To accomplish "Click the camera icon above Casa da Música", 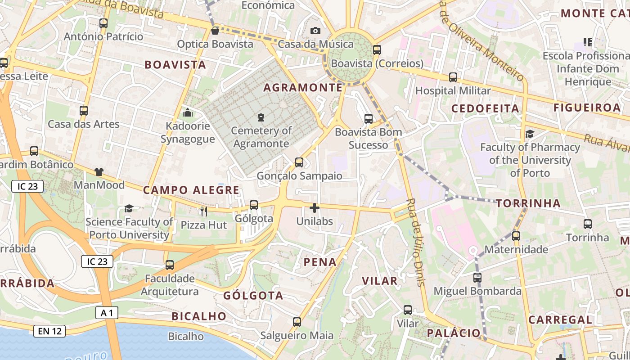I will coord(315,31).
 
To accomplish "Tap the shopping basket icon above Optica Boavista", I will coord(215,31).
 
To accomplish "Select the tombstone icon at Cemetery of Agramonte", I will coord(261,117).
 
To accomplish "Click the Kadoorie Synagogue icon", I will coord(188,112).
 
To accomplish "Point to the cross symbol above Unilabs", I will coord(315,208).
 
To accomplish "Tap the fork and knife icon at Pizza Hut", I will coord(204,211).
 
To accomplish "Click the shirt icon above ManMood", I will coord(99,171).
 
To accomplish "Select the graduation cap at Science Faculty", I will coord(129,208).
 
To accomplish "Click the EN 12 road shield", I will coord(49,332).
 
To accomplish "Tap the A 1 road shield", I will coord(107,313).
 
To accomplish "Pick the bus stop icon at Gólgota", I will coord(254,205).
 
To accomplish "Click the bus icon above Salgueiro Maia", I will coord(297,322).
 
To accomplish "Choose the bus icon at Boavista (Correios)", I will coord(377,50).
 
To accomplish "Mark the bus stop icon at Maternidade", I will coord(516,236).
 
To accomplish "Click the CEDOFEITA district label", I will coord(485,108).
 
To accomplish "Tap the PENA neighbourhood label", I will coord(320,262).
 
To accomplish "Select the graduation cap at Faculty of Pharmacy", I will coord(530,134).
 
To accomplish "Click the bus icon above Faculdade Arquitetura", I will coord(170,265).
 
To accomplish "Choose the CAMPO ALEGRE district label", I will coord(191,190).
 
